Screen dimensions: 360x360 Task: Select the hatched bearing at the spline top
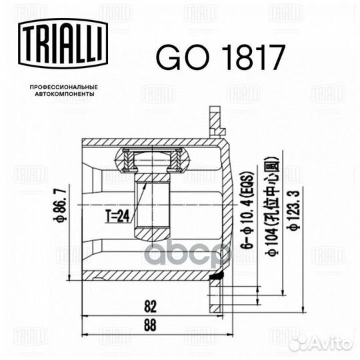point(153,159)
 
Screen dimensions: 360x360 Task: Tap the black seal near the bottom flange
point(216,275)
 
